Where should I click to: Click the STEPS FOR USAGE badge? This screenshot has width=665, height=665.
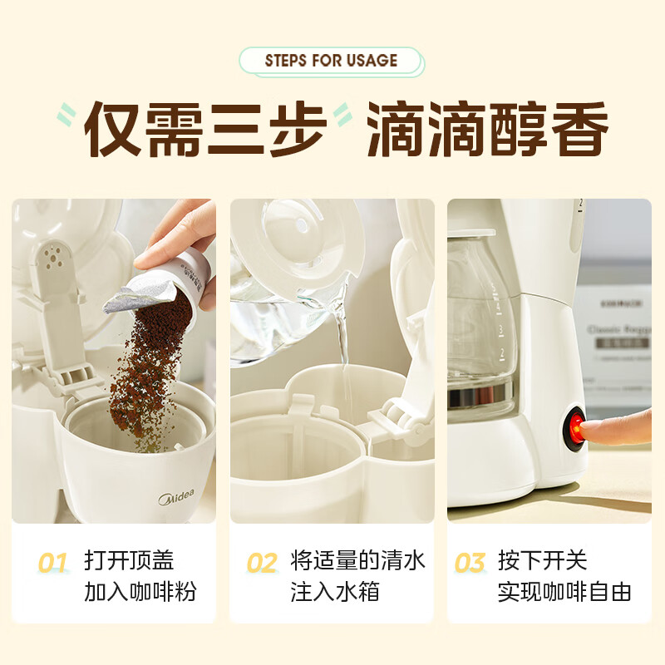(331, 61)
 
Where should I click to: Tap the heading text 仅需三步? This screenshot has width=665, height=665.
(205, 131)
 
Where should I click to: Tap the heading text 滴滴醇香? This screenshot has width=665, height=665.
(487, 131)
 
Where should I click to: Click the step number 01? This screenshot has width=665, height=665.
(52, 564)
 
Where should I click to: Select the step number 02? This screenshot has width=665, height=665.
(261, 564)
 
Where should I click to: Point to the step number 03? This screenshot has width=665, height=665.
(470, 564)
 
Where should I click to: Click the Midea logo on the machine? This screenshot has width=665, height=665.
(176, 499)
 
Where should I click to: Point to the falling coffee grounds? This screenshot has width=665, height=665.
(141, 374)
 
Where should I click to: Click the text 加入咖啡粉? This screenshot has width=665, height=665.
(140, 592)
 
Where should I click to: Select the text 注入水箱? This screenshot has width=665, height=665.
(335, 592)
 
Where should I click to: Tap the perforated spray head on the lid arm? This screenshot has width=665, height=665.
(54, 259)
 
